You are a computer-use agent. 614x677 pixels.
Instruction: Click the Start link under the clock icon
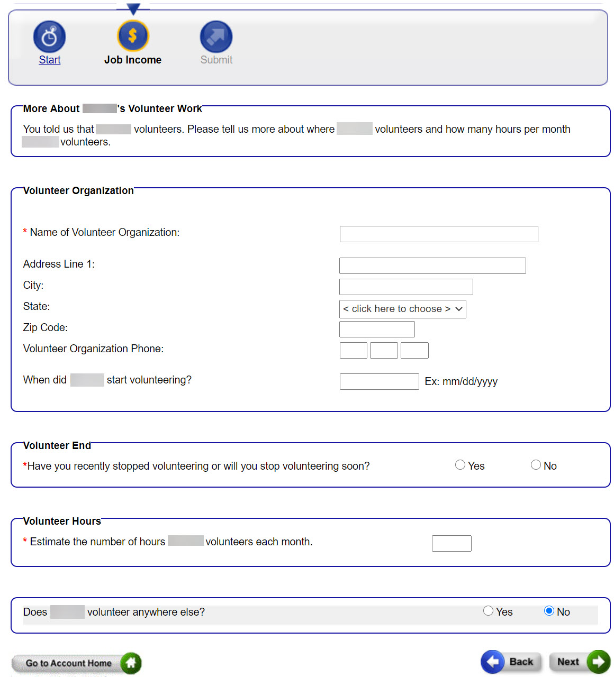[x=50, y=60]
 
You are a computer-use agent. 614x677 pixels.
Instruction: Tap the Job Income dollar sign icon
[x=133, y=36]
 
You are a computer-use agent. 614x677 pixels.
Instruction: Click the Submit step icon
[x=216, y=36]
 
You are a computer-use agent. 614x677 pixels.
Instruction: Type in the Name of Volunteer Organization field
[x=438, y=234]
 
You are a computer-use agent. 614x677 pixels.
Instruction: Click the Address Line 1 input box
[x=432, y=266]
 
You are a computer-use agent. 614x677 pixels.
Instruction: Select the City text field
[x=405, y=287]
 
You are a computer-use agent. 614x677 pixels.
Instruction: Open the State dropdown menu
[x=402, y=309]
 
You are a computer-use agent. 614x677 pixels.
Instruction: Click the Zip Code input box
[x=376, y=329]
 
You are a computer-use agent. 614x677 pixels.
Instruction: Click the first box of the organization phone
[x=353, y=350]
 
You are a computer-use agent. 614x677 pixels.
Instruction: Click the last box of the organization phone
[x=414, y=350]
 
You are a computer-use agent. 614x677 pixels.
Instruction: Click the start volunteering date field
[x=379, y=381]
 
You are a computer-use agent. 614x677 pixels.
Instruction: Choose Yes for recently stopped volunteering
[x=460, y=465]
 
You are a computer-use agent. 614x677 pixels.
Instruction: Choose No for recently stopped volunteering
[x=536, y=465]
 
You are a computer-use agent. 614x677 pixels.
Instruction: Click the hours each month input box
[x=451, y=543]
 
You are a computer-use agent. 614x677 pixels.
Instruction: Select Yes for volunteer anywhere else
[x=488, y=611]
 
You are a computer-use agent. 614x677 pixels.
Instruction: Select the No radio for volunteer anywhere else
[x=549, y=611]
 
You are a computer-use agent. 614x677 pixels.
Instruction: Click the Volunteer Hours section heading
[x=62, y=521]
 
